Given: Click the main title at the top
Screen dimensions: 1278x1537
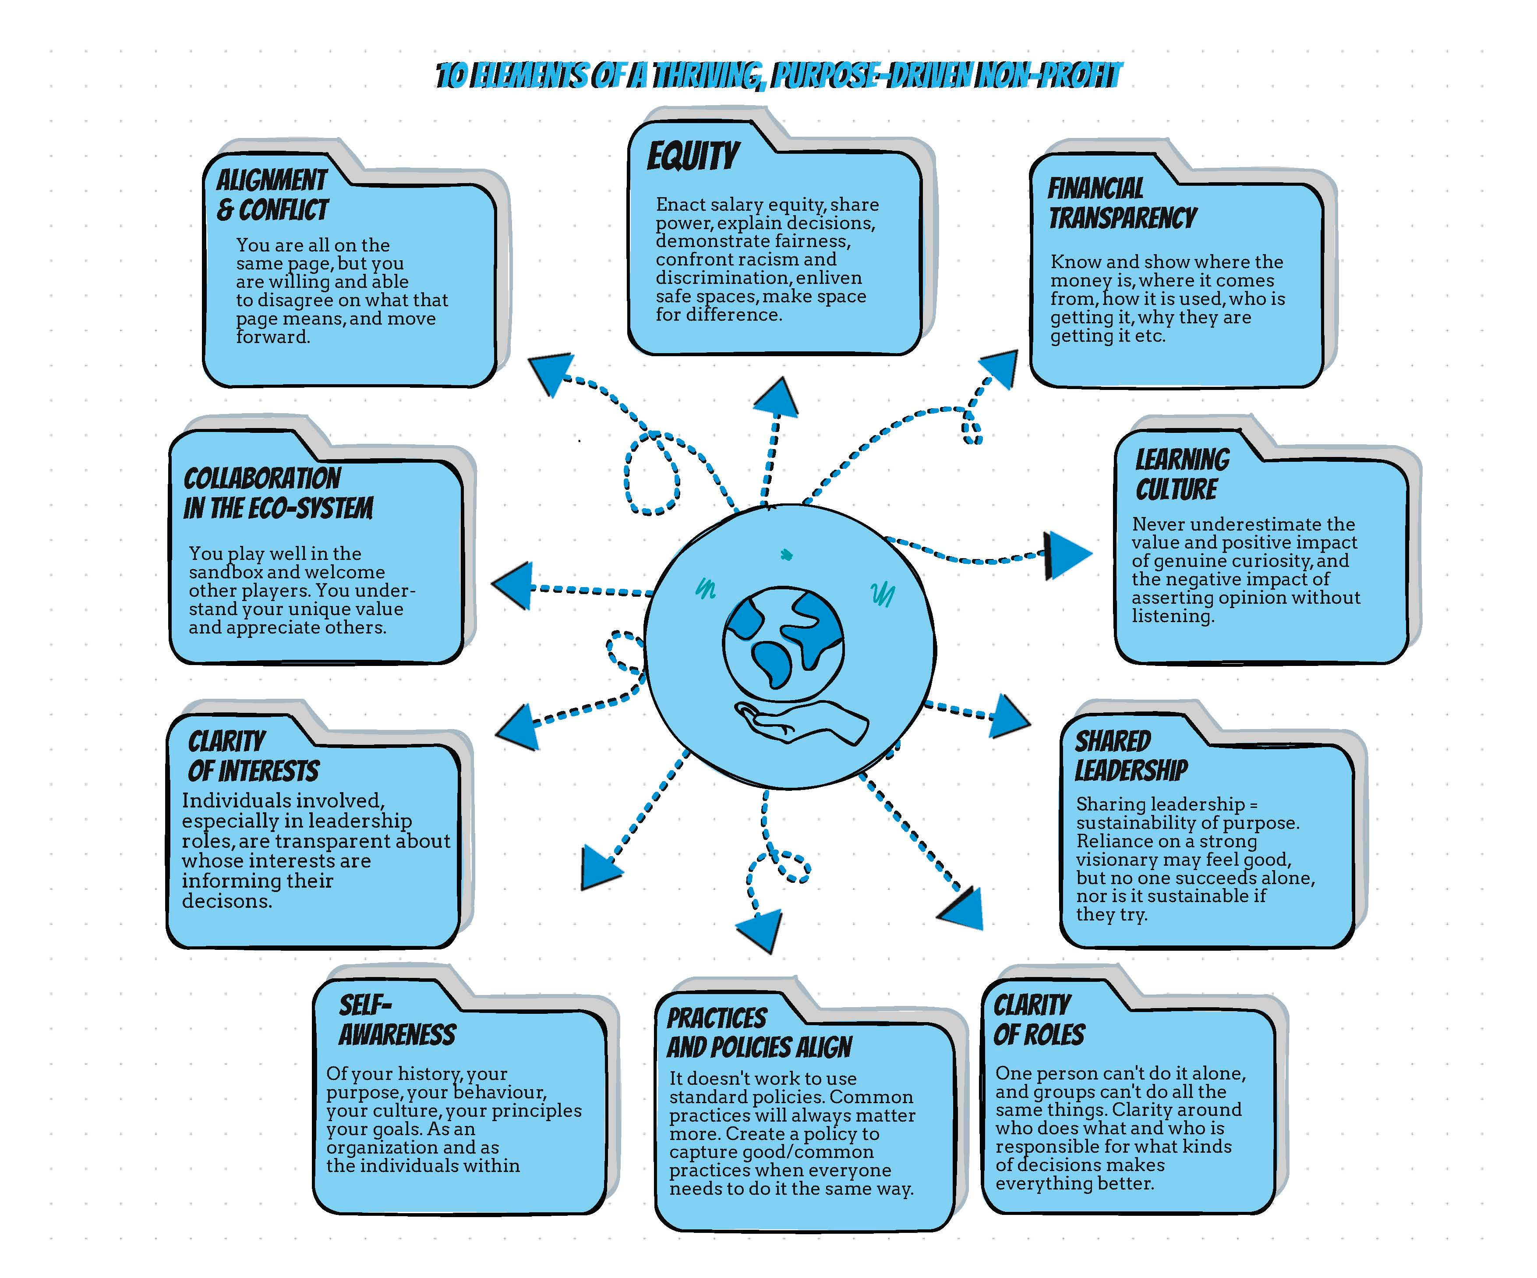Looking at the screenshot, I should pyautogui.click(x=778, y=75).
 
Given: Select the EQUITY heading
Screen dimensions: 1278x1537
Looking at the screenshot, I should pyautogui.click(x=693, y=156).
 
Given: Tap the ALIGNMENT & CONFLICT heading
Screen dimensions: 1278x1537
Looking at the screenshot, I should pyautogui.click(x=272, y=195).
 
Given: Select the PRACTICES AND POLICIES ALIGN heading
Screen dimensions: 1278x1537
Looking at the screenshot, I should pyautogui.click(x=758, y=1033).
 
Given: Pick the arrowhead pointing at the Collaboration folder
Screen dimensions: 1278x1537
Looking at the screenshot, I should pyautogui.click(x=513, y=586).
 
